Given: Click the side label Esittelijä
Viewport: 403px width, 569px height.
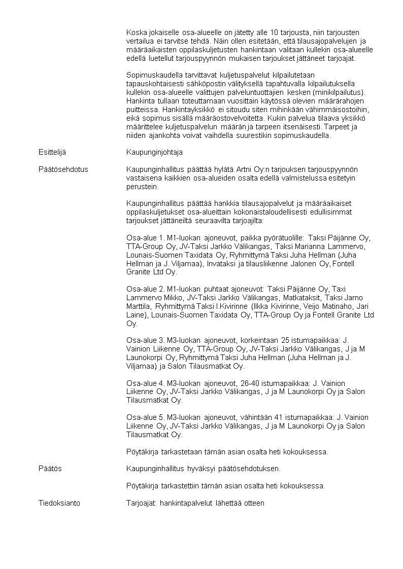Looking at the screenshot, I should coord(52,152).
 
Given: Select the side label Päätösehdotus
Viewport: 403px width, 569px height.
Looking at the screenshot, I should coord(63,169).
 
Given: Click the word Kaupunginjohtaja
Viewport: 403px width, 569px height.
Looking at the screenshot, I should coord(154,152).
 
